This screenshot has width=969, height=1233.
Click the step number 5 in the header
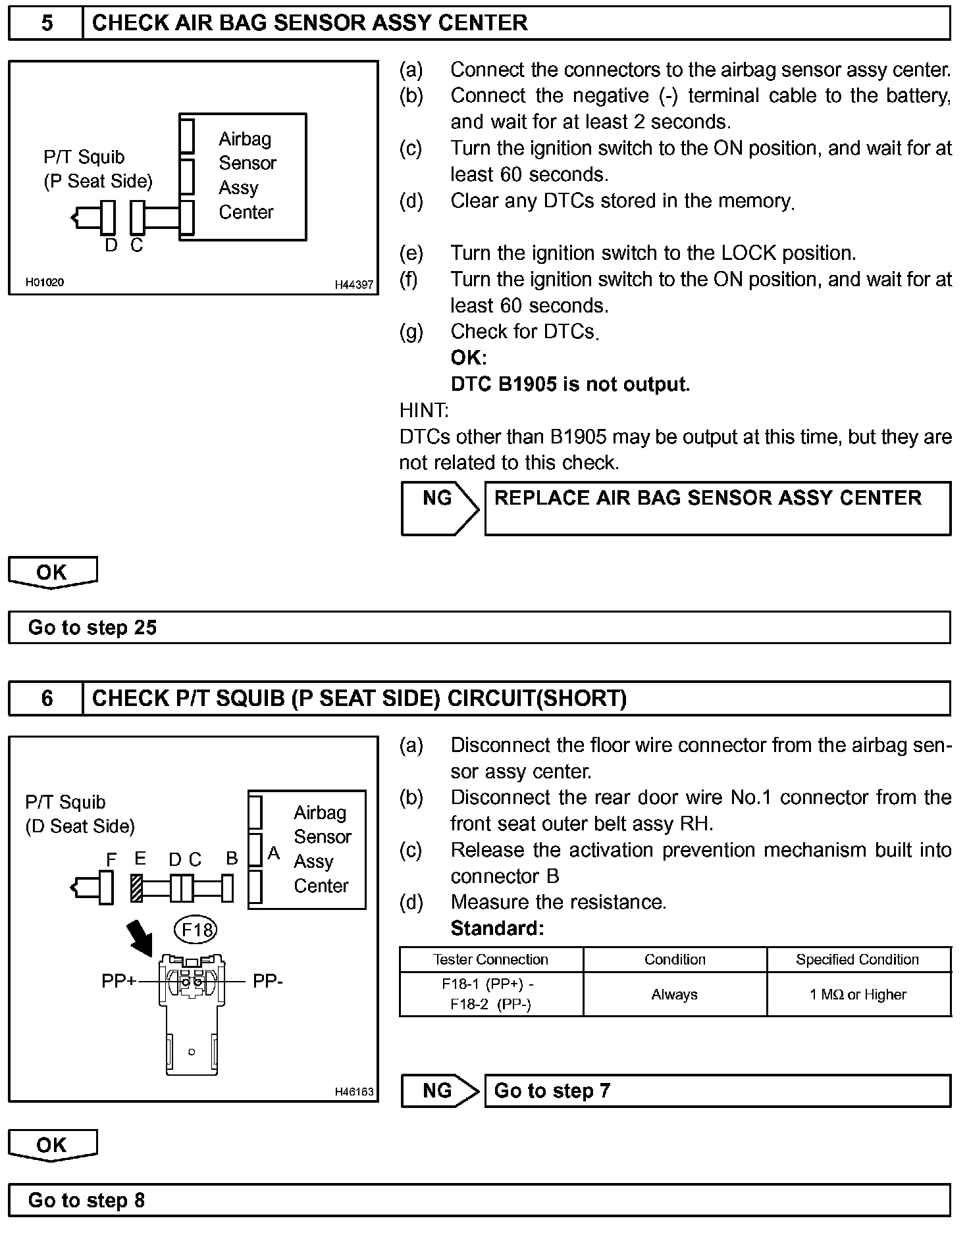[47, 23]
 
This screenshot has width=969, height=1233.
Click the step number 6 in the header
[47, 698]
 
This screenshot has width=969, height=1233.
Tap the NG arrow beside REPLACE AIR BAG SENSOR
[440, 509]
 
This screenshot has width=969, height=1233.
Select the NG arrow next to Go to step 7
[440, 1091]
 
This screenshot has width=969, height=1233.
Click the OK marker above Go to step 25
[52, 572]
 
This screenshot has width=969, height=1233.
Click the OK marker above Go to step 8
[52, 1145]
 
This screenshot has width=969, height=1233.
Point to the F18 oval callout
[197, 930]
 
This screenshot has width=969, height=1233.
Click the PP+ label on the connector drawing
[118, 981]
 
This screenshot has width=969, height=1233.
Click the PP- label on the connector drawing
[268, 981]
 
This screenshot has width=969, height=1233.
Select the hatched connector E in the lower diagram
[138, 888]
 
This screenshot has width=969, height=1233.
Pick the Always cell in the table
[675, 994]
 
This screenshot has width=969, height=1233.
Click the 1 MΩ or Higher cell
[858, 994]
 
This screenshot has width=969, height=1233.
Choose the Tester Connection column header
[490, 959]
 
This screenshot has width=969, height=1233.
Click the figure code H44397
[354, 285]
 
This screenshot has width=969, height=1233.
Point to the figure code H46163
[354, 1092]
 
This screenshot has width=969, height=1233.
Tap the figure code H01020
[45, 282]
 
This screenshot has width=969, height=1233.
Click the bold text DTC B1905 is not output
[570, 384]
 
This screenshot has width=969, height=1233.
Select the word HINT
[424, 411]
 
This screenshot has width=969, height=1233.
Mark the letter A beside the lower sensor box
[274, 853]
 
